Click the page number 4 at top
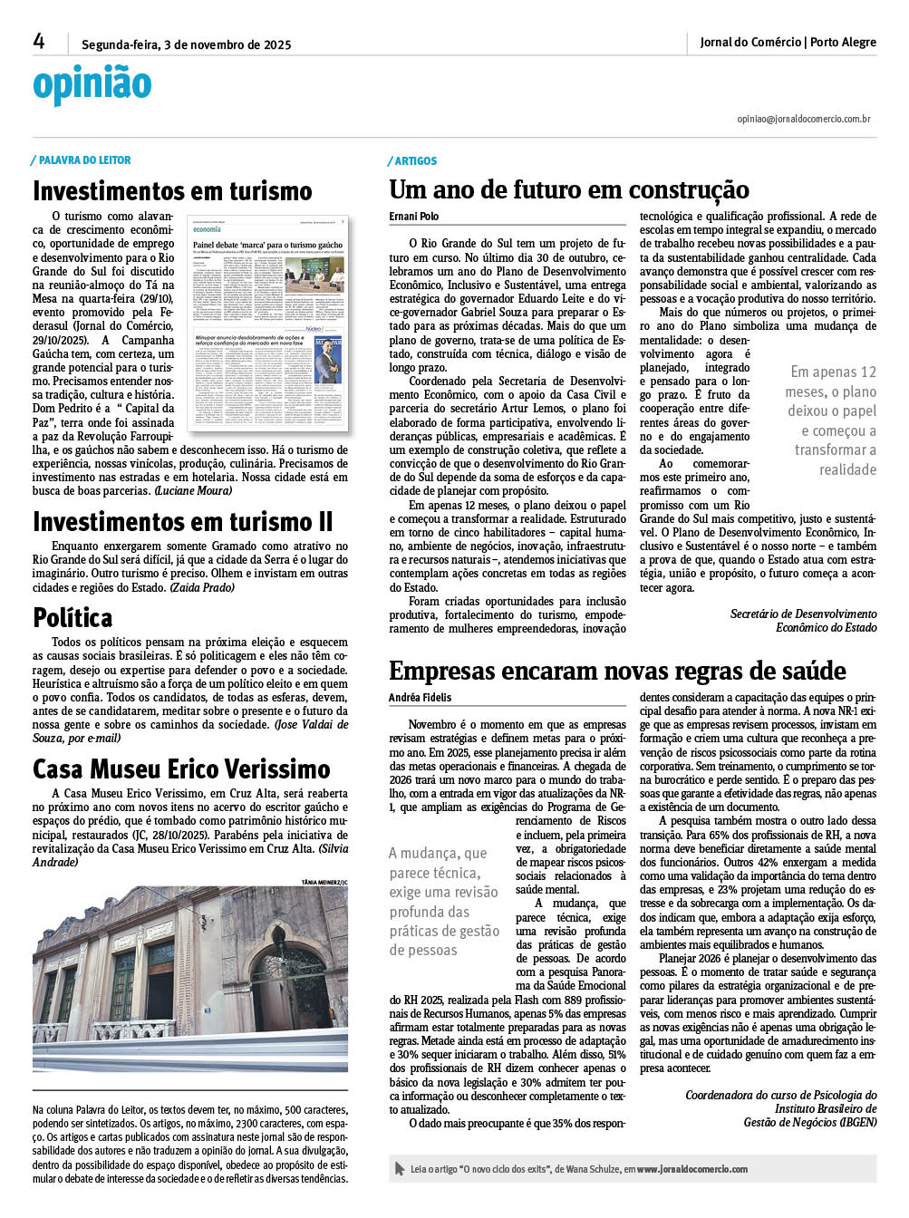tap(39, 42)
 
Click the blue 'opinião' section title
tap(92, 84)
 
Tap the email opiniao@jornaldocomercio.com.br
tap(803, 119)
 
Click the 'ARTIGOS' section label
tap(415, 161)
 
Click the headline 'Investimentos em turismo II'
tap(183, 523)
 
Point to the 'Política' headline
tap(73, 618)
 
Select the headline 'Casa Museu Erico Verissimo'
tap(181, 769)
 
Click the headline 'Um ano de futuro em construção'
tap(568, 190)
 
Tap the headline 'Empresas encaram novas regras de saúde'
tap(617, 672)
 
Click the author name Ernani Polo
tap(413, 217)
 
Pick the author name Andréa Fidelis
tap(420, 698)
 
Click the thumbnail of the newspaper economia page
tap(267, 323)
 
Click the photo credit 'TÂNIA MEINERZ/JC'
tap(324, 882)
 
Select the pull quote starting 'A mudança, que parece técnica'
tap(444, 902)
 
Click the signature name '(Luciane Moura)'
tap(193, 491)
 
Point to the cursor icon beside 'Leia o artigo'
tap(400, 1169)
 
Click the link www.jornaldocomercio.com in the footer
tap(691, 1169)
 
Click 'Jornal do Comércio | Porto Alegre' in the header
tap(788, 43)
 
